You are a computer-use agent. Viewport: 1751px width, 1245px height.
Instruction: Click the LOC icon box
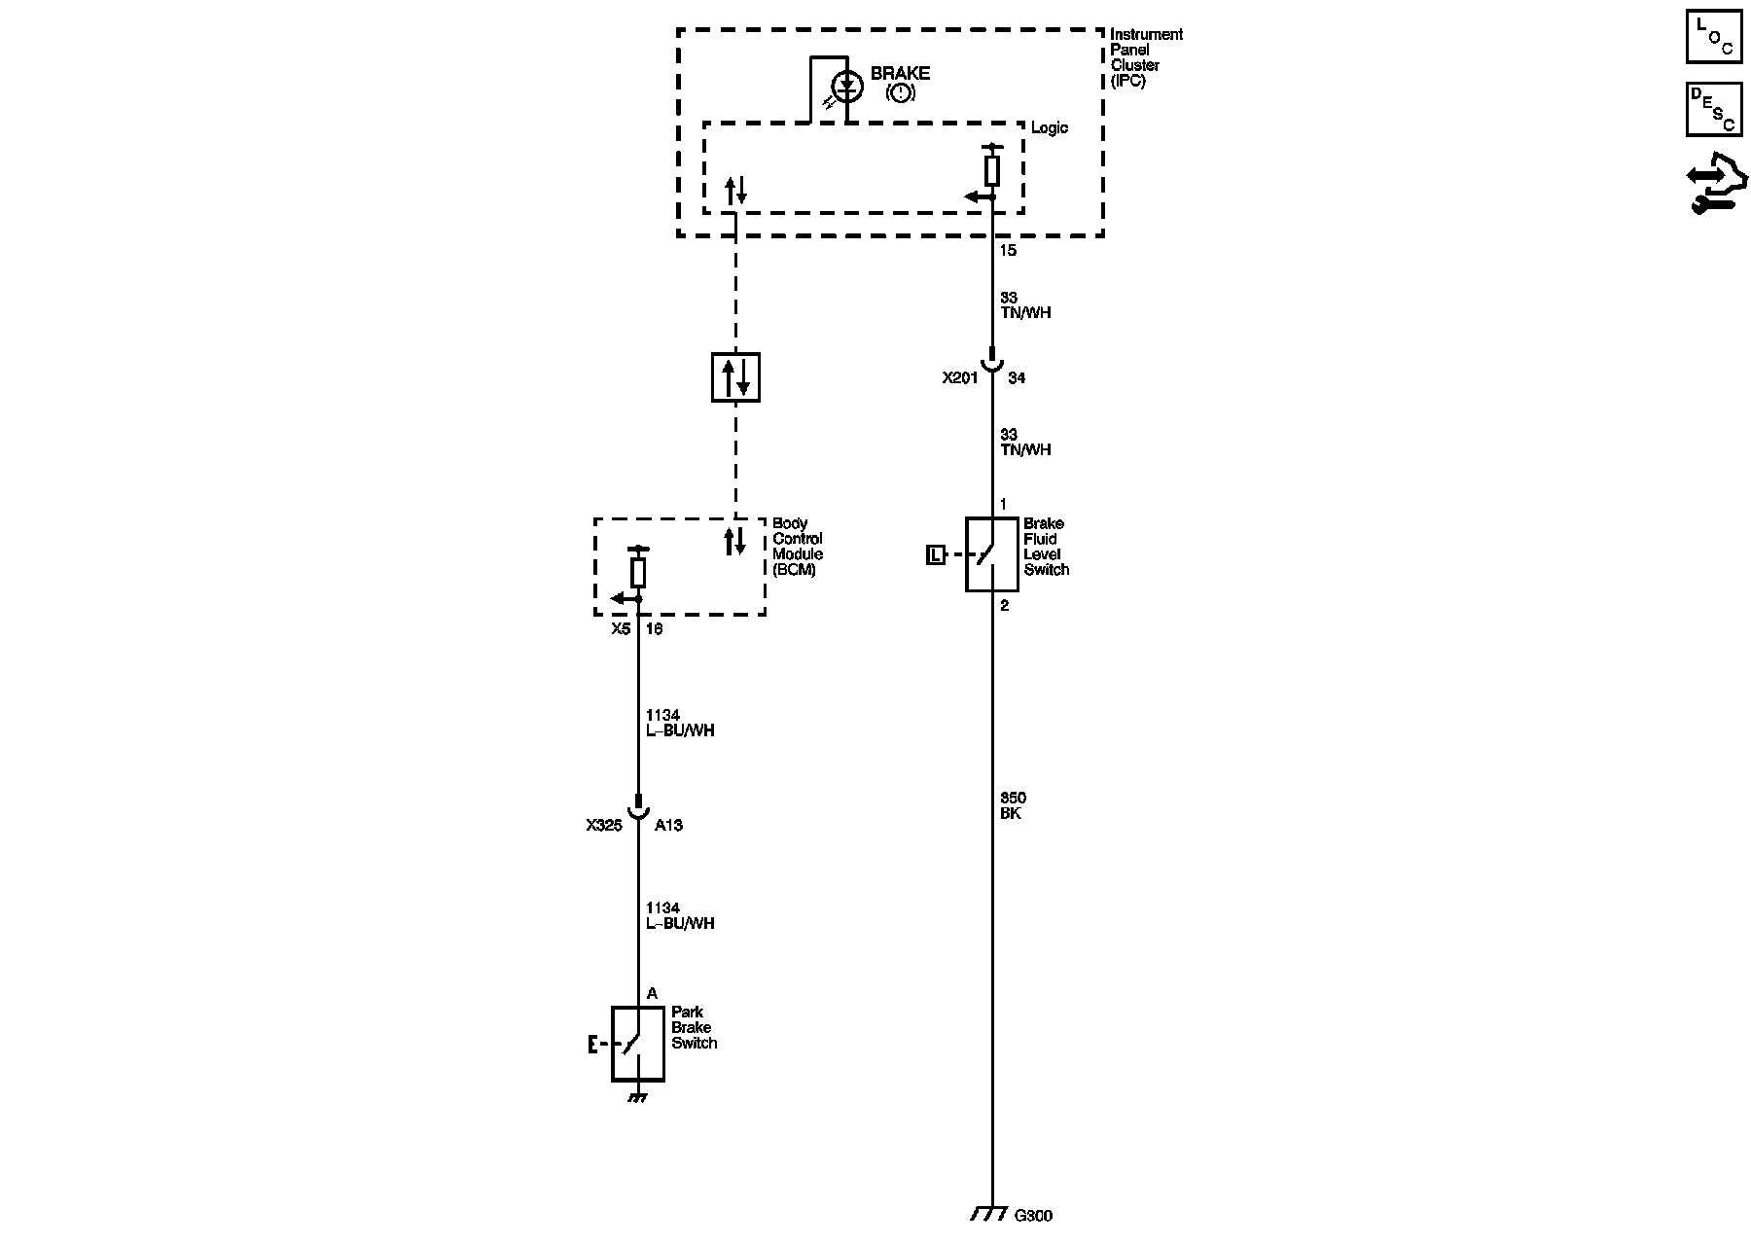(1713, 37)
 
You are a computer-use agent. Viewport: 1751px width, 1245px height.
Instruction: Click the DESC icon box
(1713, 109)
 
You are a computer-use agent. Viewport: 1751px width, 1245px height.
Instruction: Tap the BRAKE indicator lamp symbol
(847, 87)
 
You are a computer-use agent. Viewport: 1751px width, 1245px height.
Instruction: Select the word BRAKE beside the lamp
(900, 73)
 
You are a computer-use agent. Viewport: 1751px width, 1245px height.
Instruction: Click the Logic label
(1049, 128)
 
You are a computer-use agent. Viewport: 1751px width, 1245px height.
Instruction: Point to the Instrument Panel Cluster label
(1145, 57)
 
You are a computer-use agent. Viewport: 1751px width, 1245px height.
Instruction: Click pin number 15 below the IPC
(1008, 251)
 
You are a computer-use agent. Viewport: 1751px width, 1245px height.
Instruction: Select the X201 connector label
(959, 378)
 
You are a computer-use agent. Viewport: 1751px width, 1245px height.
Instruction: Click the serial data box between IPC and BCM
(735, 377)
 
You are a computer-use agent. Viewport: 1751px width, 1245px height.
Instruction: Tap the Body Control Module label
(798, 547)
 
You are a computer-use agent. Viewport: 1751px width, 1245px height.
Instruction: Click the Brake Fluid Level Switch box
(991, 554)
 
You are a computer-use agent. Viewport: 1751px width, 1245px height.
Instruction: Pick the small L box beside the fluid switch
(935, 555)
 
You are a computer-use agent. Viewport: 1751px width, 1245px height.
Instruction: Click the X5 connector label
(621, 629)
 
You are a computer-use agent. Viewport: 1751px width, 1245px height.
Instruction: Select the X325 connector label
(604, 826)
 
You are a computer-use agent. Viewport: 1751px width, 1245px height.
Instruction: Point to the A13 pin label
(668, 826)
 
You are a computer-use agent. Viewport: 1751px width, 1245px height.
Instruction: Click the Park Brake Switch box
(637, 1044)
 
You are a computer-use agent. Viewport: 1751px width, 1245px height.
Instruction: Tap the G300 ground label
(1033, 1216)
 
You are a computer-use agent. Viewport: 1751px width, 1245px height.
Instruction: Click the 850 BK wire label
(1012, 806)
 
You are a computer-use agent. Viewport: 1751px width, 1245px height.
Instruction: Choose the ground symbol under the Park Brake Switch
(637, 1097)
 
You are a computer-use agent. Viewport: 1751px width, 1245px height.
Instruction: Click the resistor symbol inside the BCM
(638, 573)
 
